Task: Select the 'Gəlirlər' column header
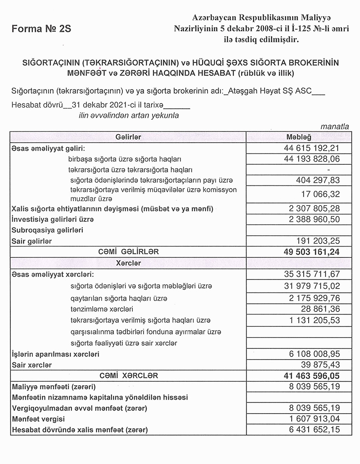128,137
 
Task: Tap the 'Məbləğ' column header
299,137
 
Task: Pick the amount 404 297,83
316,180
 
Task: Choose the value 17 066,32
319,194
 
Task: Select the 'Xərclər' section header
128,262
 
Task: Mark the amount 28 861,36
319,309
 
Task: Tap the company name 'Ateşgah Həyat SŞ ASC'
268,91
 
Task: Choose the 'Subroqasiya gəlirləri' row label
47,230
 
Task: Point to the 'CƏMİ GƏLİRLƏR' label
128,252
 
